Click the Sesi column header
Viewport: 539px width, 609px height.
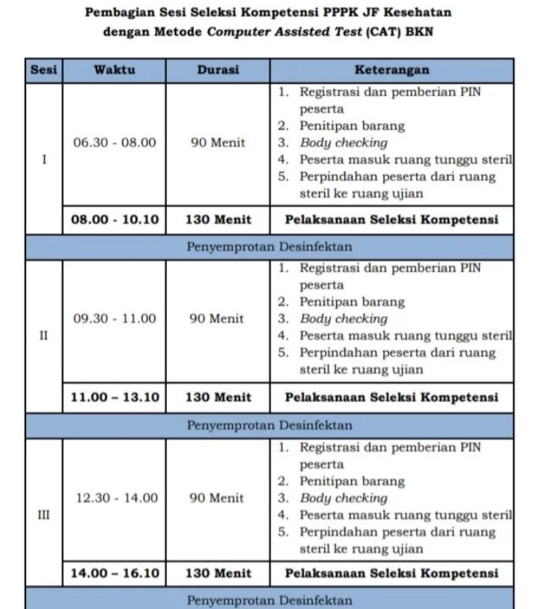(x=43, y=70)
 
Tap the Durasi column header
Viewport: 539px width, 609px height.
(x=218, y=70)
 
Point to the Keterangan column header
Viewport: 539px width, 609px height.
(x=392, y=70)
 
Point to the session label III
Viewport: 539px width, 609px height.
(x=43, y=515)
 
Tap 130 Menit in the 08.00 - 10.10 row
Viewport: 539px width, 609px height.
(x=218, y=220)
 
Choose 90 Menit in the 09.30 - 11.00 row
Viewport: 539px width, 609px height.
(x=217, y=318)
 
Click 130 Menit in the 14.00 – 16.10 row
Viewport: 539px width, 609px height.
(x=218, y=574)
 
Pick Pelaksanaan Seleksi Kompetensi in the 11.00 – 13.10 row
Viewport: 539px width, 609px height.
(x=392, y=397)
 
